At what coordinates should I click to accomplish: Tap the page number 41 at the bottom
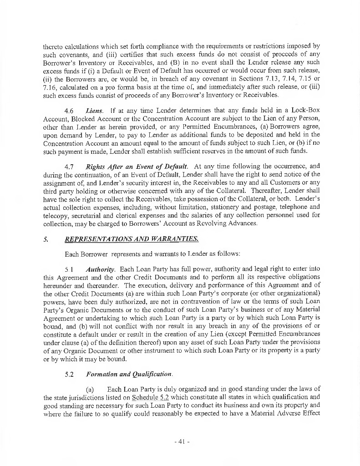pos(181,441)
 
